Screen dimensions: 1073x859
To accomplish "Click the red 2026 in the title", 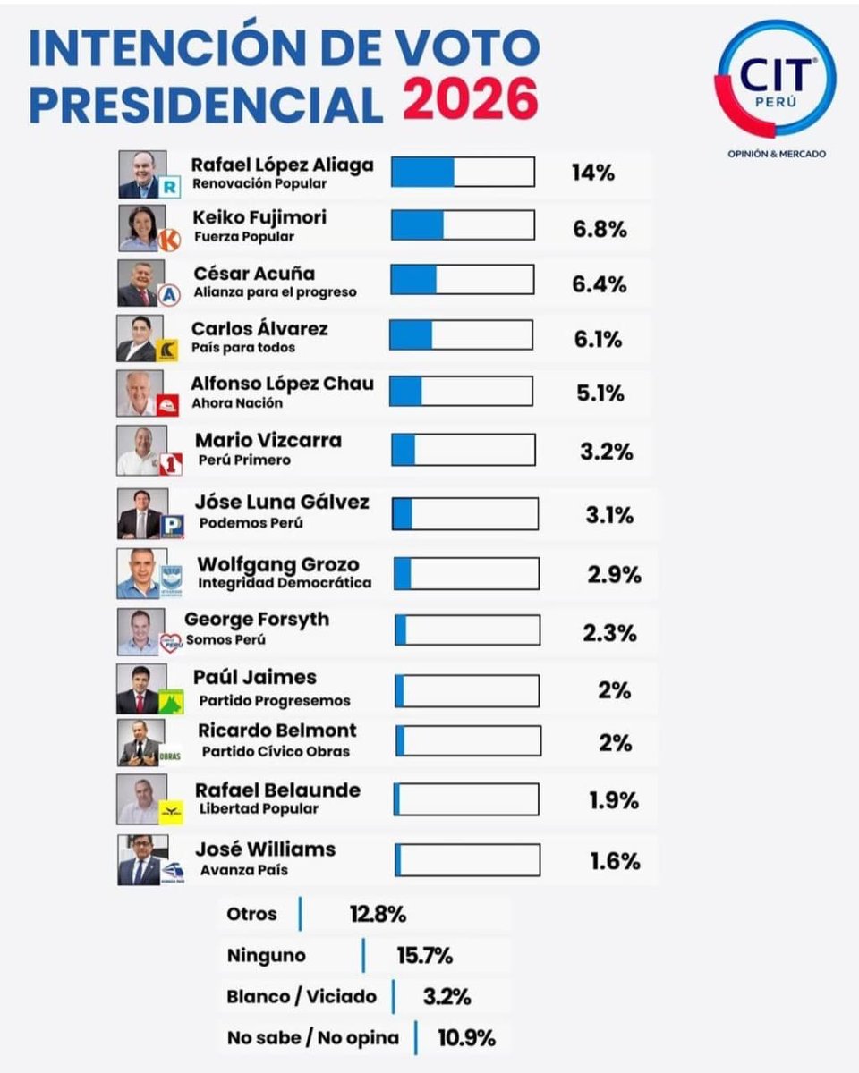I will coord(470,99).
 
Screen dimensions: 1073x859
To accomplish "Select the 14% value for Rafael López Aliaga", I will coord(592,173).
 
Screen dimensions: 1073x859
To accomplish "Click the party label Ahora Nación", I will coord(237,403).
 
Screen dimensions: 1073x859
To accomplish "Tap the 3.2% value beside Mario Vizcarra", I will coord(606,451).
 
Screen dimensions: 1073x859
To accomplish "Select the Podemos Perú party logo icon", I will coord(172,527).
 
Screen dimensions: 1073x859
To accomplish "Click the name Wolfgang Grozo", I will coord(277,564).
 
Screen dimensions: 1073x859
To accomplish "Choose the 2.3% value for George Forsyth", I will coord(609,633).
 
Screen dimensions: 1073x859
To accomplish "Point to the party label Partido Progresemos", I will coord(275,700).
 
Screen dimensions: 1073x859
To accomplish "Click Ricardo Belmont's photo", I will coord(140,742).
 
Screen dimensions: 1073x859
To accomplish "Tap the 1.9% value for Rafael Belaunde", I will coord(613,800).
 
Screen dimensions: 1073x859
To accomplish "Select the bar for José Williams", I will coord(467,859).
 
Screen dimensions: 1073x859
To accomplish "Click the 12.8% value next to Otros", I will coord(378,915).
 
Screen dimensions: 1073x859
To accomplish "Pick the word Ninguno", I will coord(266,955).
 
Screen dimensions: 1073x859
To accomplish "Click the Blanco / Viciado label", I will coord(302,996).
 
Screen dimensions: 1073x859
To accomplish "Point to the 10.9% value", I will coord(466,1038).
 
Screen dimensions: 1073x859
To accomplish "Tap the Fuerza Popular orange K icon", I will coord(169,240).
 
